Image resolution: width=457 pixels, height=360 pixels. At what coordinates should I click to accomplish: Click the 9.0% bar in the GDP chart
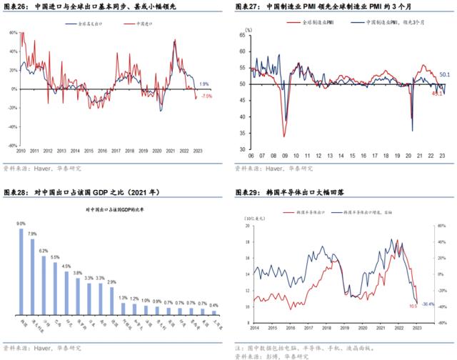pos(21,271)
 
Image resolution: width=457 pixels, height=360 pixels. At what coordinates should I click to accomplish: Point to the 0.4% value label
pos(214,305)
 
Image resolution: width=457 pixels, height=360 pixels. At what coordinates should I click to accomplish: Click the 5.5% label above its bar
pos(55,257)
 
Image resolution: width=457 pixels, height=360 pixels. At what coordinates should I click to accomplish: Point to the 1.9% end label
pos(204,84)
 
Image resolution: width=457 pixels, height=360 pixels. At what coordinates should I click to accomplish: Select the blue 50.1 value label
pos(444,74)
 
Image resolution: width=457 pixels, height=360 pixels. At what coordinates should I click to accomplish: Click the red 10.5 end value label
pos(413,306)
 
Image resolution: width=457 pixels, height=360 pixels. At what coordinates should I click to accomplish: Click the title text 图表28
pos(15,194)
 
